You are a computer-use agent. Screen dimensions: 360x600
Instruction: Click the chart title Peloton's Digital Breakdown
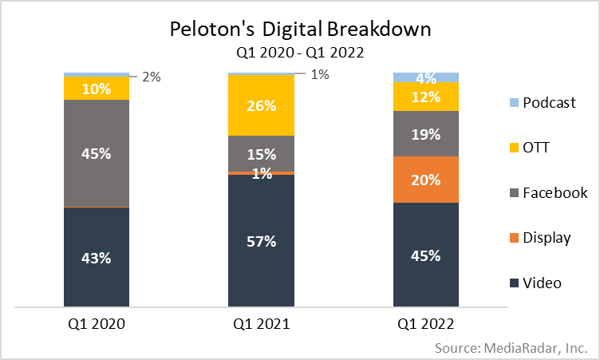pos(300,30)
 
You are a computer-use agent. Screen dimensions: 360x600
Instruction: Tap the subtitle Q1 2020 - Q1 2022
pos(300,53)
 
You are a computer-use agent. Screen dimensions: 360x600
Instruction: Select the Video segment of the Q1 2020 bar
pos(97,257)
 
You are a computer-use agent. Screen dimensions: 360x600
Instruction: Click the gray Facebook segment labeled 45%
pos(97,153)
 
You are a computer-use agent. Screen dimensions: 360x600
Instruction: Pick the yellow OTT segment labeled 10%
pos(97,88)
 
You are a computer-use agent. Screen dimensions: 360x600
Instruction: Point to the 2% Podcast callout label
pos(152,77)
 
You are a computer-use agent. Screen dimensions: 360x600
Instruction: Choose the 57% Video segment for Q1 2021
pos(261,240)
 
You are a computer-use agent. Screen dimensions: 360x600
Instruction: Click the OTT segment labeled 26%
pos(261,105)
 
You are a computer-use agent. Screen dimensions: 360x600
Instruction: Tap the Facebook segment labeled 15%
pos(261,153)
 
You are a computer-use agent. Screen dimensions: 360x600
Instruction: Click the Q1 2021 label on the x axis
pos(261,325)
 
